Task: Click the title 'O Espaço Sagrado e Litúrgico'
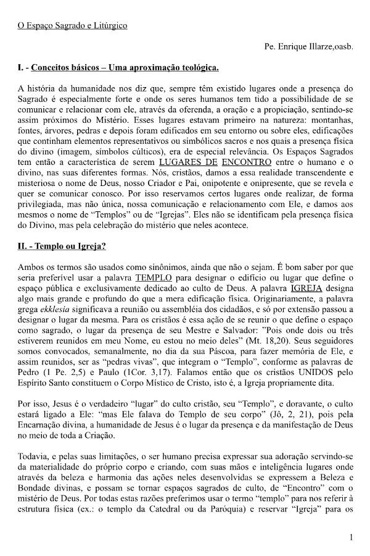coord(72,26)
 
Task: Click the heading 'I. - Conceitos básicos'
coord(118,66)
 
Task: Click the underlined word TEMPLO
coord(151,278)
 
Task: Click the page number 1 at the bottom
coord(351,537)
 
